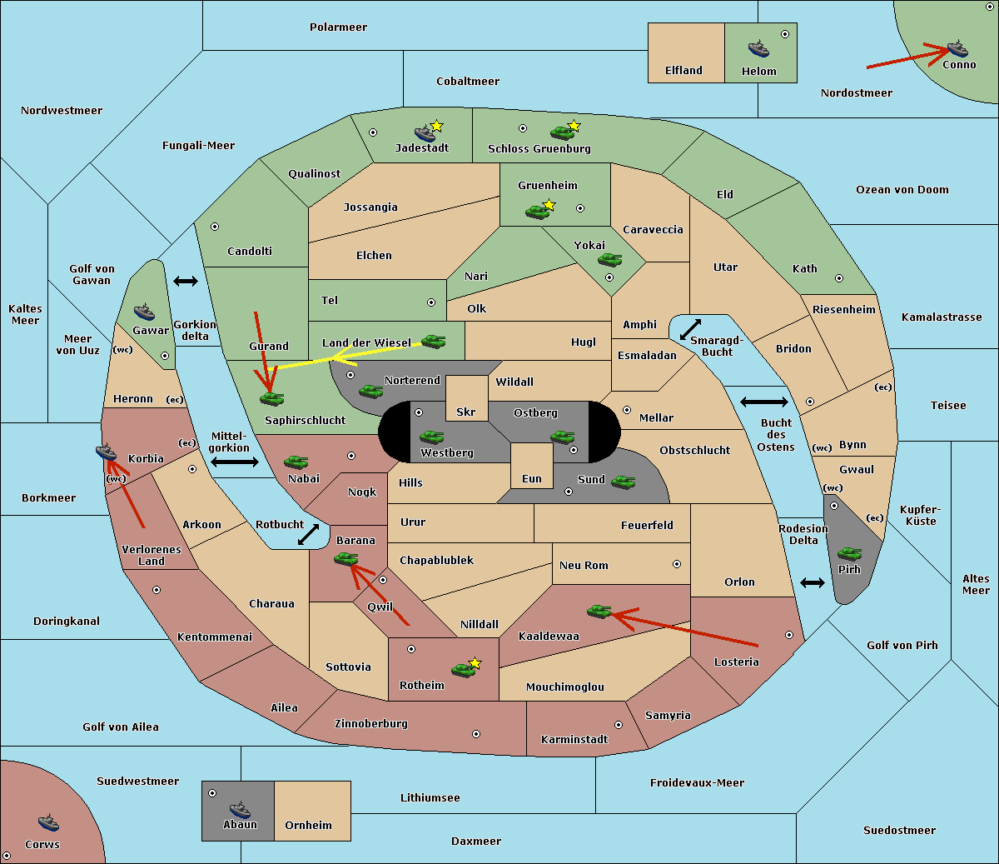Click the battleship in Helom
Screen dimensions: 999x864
(x=758, y=48)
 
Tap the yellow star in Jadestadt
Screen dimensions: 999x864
(x=436, y=126)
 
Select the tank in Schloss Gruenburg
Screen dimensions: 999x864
(x=562, y=132)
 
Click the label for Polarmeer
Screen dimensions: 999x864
(x=338, y=27)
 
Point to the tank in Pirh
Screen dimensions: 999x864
(x=849, y=553)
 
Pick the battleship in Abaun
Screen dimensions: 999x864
(x=240, y=809)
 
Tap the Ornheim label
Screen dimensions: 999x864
(x=308, y=826)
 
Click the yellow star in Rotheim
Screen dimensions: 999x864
(x=475, y=662)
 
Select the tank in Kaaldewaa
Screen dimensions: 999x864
(x=599, y=612)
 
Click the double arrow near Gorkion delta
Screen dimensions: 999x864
(x=186, y=281)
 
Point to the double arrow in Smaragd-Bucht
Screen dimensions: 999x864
(x=690, y=329)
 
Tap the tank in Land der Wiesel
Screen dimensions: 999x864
(x=433, y=341)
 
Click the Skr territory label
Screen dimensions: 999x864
(x=465, y=412)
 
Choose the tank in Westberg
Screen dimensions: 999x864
(x=431, y=437)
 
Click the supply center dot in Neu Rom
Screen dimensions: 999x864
(x=677, y=564)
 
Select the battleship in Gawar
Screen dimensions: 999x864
(x=144, y=312)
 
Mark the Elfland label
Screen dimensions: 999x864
(x=683, y=71)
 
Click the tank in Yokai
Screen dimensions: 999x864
(x=609, y=260)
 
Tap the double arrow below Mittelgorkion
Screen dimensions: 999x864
(x=235, y=462)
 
